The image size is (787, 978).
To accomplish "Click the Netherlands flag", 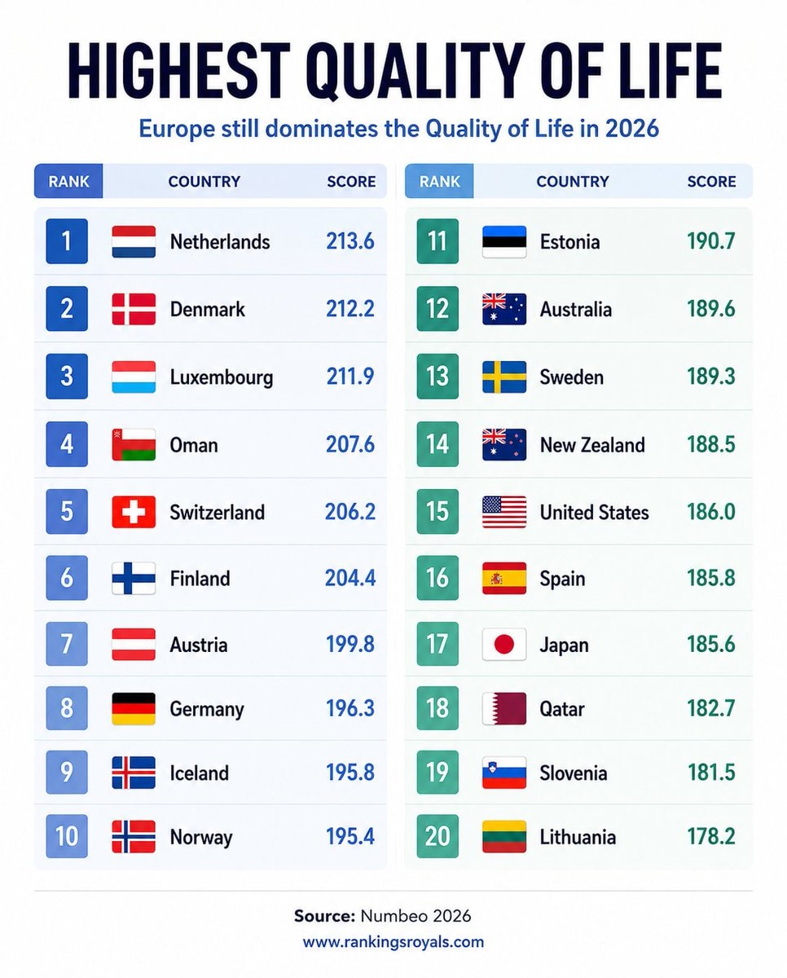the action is tap(134, 241).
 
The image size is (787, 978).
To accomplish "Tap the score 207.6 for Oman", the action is tap(350, 444).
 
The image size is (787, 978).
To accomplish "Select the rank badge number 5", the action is tap(67, 511).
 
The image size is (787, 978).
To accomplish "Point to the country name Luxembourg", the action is tap(222, 377).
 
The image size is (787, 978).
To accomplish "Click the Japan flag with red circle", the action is tap(504, 644).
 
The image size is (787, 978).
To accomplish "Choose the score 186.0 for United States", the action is tap(710, 512).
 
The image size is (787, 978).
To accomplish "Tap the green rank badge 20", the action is tap(437, 835).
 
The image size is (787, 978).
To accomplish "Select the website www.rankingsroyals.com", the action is tap(393, 941).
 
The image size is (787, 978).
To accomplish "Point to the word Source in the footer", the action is tap(324, 916).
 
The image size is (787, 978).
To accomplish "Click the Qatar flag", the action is tap(504, 708).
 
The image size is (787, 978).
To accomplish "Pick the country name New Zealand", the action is tap(592, 444).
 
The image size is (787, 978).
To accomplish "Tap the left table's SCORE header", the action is tap(351, 181).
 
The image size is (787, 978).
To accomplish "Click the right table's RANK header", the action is tap(439, 181).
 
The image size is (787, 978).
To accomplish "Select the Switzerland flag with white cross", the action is tap(134, 512).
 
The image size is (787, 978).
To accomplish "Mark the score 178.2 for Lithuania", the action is tap(710, 836).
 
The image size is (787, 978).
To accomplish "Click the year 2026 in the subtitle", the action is tap(632, 129).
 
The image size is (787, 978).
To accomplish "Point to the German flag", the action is tap(134, 708).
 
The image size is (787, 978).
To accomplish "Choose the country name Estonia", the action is tap(569, 241).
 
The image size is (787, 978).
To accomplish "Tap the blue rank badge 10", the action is tap(67, 835).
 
